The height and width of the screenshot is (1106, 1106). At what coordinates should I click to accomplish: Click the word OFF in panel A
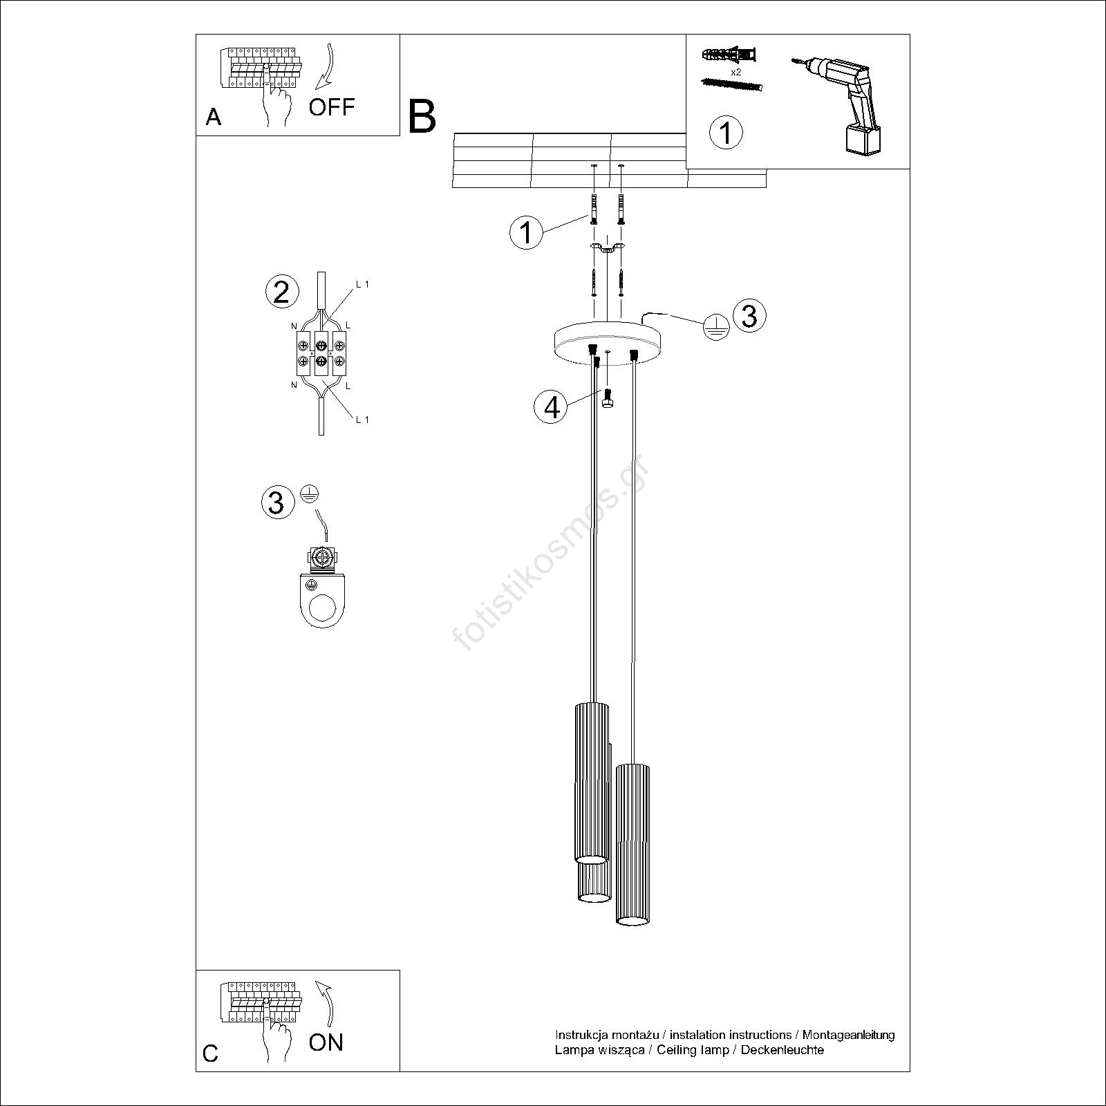pos(331,107)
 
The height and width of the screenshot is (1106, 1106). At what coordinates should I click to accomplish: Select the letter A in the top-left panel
pos(214,118)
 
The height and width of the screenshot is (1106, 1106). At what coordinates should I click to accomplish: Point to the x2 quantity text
pos(735,72)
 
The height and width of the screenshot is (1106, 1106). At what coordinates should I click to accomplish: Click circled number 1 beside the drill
pos(726,132)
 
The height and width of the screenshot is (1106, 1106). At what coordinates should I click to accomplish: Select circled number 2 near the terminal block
pos(281,292)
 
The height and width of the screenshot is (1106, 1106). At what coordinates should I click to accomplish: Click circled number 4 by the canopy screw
pos(551,407)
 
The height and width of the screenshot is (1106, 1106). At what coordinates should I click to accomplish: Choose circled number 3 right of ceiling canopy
pos(749,315)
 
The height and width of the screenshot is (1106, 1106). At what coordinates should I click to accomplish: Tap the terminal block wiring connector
pos(321,353)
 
